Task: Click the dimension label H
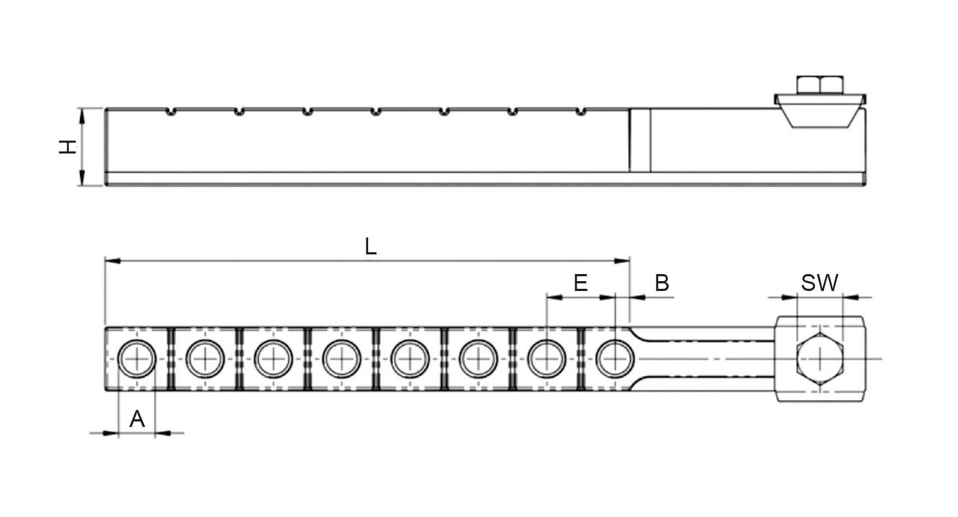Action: [x=68, y=147]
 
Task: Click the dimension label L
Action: [x=371, y=247]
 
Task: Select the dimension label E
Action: [x=581, y=283]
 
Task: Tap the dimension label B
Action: [x=661, y=283]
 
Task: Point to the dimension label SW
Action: [x=819, y=283]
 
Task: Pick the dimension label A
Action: [x=137, y=419]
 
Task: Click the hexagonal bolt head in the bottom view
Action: [x=820, y=359]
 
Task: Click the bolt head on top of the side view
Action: [x=819, y=86]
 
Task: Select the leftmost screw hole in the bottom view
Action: [x=137, y=359]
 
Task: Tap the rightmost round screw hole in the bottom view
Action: [x=615, y=359]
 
